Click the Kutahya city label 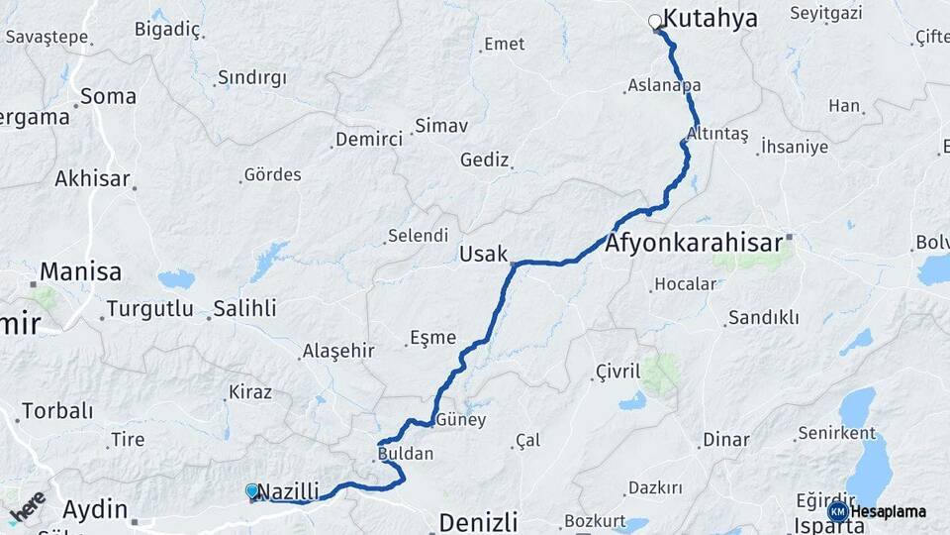pyautogui.click(x=710, y=18)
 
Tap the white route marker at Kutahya pyautogui.click(x=654, y=21)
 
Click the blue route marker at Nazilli pyautogui.click(x=252, y=490)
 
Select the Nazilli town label pyautogui.click(x=289, y=491)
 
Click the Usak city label pyautogui.click(x=483, y=255)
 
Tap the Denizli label pyautogui.click(x=478, y=521)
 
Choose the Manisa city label pyautogui.click(x=80, y=271)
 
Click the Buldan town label pyautogui.click(x=406, y=454)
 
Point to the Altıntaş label pyautogui.click(x=717, y=134)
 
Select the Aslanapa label pyautogui.click(x=665, y=86)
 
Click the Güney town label pyautogui.click(x=461, y=419)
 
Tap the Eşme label pyautogui.click(x=434, y=337)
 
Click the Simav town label pyautogui.click(x=441, y=126)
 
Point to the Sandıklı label pyautogui.click(x=756, y=318)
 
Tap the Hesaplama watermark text pyautogui.click(x=889, y=511)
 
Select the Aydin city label pyautogui.click(x=95, y=510)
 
